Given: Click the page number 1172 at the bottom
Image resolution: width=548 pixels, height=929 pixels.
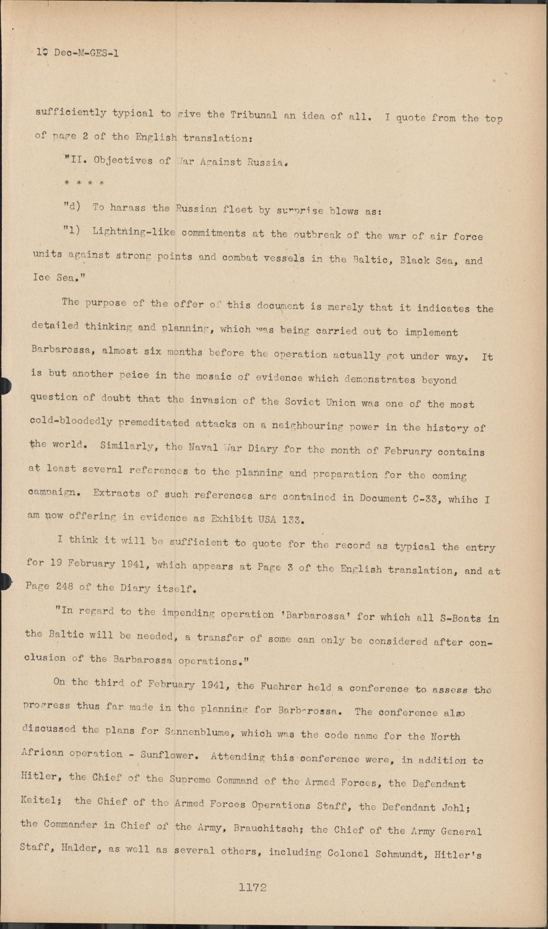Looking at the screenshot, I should pos(252,888).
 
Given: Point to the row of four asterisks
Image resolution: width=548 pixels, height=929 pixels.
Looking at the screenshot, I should pos(84,184).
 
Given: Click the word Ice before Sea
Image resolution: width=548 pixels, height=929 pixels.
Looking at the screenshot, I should pos(42,278).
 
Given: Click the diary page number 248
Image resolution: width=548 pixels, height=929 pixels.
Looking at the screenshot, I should pos(72,587).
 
